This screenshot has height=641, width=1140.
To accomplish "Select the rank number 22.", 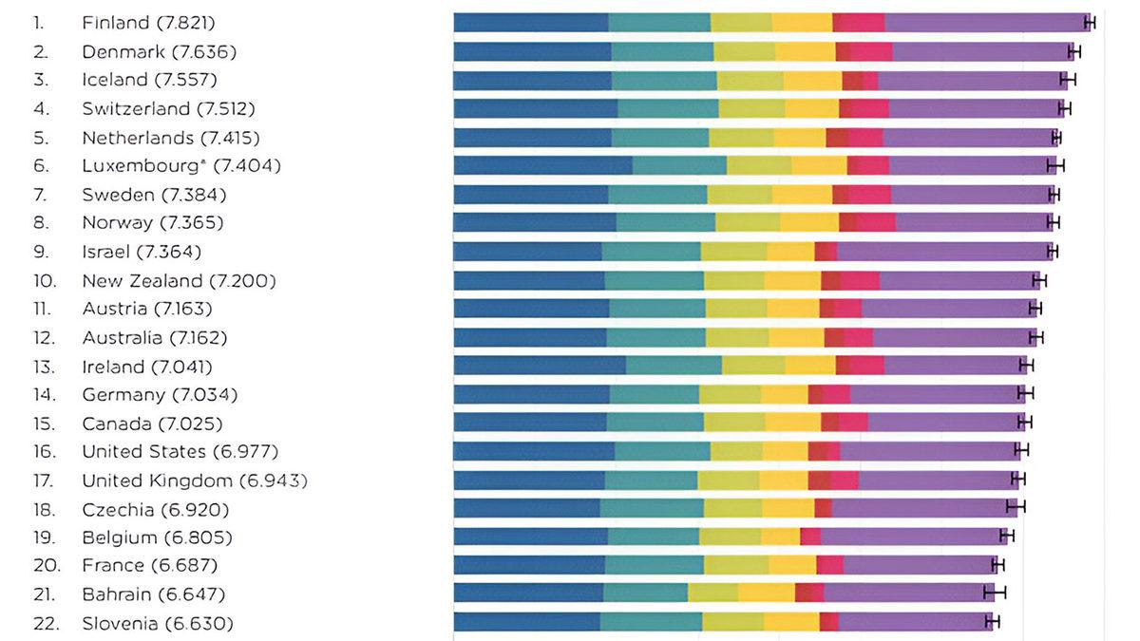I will tap(46, 624).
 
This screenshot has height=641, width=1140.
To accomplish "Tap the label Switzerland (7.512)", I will tap(168, 108).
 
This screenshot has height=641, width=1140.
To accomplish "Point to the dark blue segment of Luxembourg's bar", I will tap(542, 166).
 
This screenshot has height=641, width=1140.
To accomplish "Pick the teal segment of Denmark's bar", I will tap(662, 51).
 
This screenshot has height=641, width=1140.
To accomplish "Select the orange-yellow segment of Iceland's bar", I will tap(812, 80).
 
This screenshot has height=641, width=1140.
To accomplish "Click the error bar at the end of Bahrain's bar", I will tap(995, 594).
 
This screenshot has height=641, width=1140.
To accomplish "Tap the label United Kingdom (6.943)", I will tap(195, 481).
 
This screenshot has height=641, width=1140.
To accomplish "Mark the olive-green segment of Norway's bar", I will tap(748, 223).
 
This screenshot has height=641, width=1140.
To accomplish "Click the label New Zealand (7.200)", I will tap(179, 281).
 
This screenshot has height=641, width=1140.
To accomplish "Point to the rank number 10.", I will tap(46, 281).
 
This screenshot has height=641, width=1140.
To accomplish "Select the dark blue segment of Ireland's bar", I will tap(540, 366).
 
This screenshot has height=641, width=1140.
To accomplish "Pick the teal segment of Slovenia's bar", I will tap(651, 622).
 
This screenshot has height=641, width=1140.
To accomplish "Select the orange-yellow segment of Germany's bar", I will tap(785, 394).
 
